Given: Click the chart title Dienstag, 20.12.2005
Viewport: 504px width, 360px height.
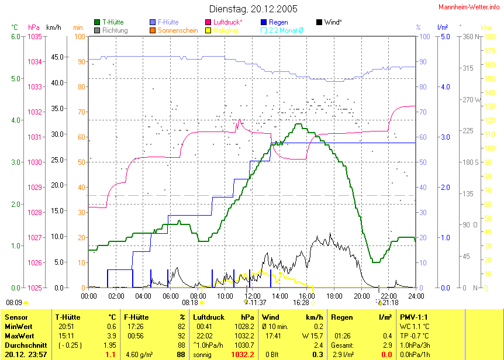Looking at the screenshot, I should (253, 9).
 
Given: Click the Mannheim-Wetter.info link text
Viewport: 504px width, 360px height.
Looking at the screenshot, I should (470, 6).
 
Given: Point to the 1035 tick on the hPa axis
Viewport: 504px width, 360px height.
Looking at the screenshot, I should (34, 37).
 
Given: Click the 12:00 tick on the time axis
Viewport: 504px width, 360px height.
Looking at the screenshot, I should (252, 296).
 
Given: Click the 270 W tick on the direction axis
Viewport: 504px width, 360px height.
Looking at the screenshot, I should (470, 100).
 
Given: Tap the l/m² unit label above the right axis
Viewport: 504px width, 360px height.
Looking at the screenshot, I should (443, 27).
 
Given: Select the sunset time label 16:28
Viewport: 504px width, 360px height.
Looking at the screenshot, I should (301, 303).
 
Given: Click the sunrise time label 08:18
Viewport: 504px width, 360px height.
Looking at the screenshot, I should (190, 303).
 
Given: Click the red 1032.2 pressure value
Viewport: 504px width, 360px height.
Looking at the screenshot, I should (243, 355).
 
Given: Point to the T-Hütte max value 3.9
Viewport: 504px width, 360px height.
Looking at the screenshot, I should (110, 335).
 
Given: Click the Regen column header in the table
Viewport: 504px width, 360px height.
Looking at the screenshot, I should (341, 317).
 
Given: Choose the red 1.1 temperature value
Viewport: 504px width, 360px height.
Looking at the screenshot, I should (110, 355).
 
